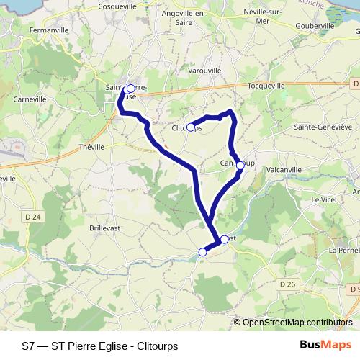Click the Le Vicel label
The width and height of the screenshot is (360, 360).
324,199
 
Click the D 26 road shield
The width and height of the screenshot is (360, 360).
287,284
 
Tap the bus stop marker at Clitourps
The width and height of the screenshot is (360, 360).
191,128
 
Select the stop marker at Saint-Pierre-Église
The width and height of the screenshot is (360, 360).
130,89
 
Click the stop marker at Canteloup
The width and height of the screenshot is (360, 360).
240,165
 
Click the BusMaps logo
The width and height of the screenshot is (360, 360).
325,345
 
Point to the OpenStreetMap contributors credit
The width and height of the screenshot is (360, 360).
297,323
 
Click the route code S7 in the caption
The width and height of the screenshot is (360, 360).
28,346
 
